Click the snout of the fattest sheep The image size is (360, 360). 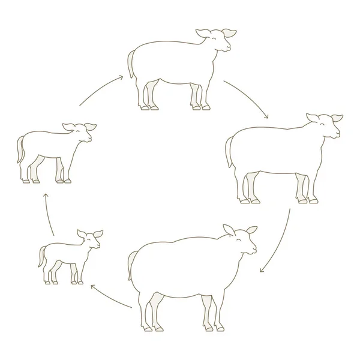[x=254, y=247]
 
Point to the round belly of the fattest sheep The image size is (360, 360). [x=180, y=288]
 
